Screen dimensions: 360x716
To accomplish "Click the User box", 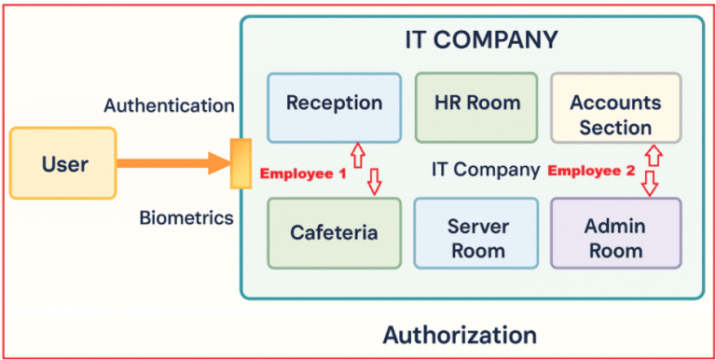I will point(63,164).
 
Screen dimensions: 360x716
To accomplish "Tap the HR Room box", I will point(475,103).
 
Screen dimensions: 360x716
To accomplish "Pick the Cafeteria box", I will point(334,231).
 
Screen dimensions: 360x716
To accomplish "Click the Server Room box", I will point(475,238).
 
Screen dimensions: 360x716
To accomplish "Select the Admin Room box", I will point(615,238).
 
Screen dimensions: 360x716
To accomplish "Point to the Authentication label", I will point(169,105).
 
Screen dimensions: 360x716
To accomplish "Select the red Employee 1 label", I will point(302,173).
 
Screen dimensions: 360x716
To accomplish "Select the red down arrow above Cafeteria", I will point(375,182).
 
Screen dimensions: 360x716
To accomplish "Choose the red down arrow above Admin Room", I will point(650,183).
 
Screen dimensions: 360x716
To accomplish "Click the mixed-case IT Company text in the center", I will point(485,170).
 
